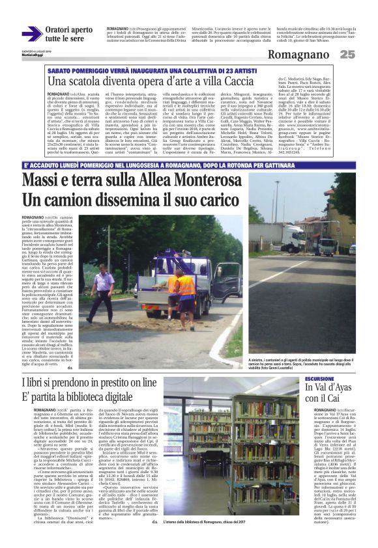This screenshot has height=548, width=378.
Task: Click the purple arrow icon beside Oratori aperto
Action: [x=31, y=34]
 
